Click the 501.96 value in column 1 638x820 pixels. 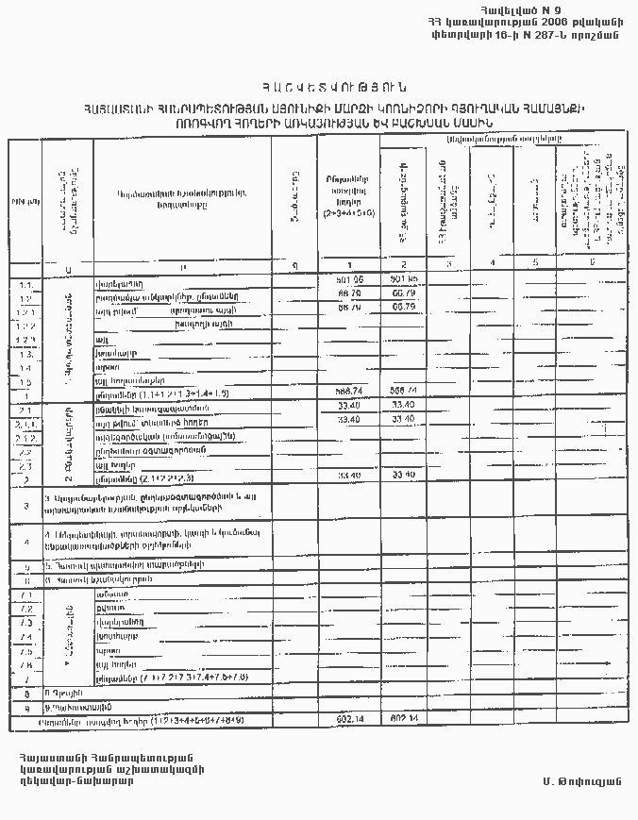tap(349, 281)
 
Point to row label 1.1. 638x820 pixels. tap(25, 282)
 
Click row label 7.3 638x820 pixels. tap(25, 624)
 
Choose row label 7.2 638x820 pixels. tap(25, 610)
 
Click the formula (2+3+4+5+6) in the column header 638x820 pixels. tap(349, 213)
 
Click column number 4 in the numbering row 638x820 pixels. tap(492, 263)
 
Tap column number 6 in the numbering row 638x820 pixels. tap(592, 263)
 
